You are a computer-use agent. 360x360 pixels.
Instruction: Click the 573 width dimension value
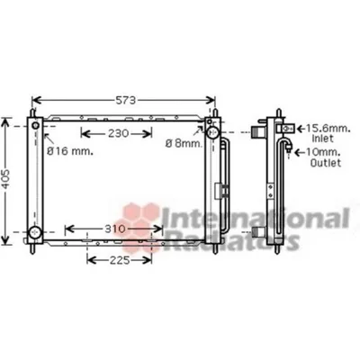click(126, 100)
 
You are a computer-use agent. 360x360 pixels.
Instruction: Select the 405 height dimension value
click(5, 180)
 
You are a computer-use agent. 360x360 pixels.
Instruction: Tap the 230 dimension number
click(119, 133)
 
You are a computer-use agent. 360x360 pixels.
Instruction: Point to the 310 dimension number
click(115, 229)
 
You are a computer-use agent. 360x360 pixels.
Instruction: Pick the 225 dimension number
click(120, 260)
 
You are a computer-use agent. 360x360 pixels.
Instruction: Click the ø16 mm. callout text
click(70, 151)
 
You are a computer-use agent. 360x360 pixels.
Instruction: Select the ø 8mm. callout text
click(184, 144)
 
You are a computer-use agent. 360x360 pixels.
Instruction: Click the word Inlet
click(322, 139)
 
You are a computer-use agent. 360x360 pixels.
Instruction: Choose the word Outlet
click(326, 163)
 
